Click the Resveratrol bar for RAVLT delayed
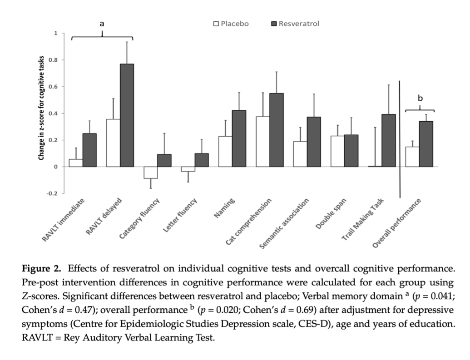point(127,115)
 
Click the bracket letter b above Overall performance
point(420,99)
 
